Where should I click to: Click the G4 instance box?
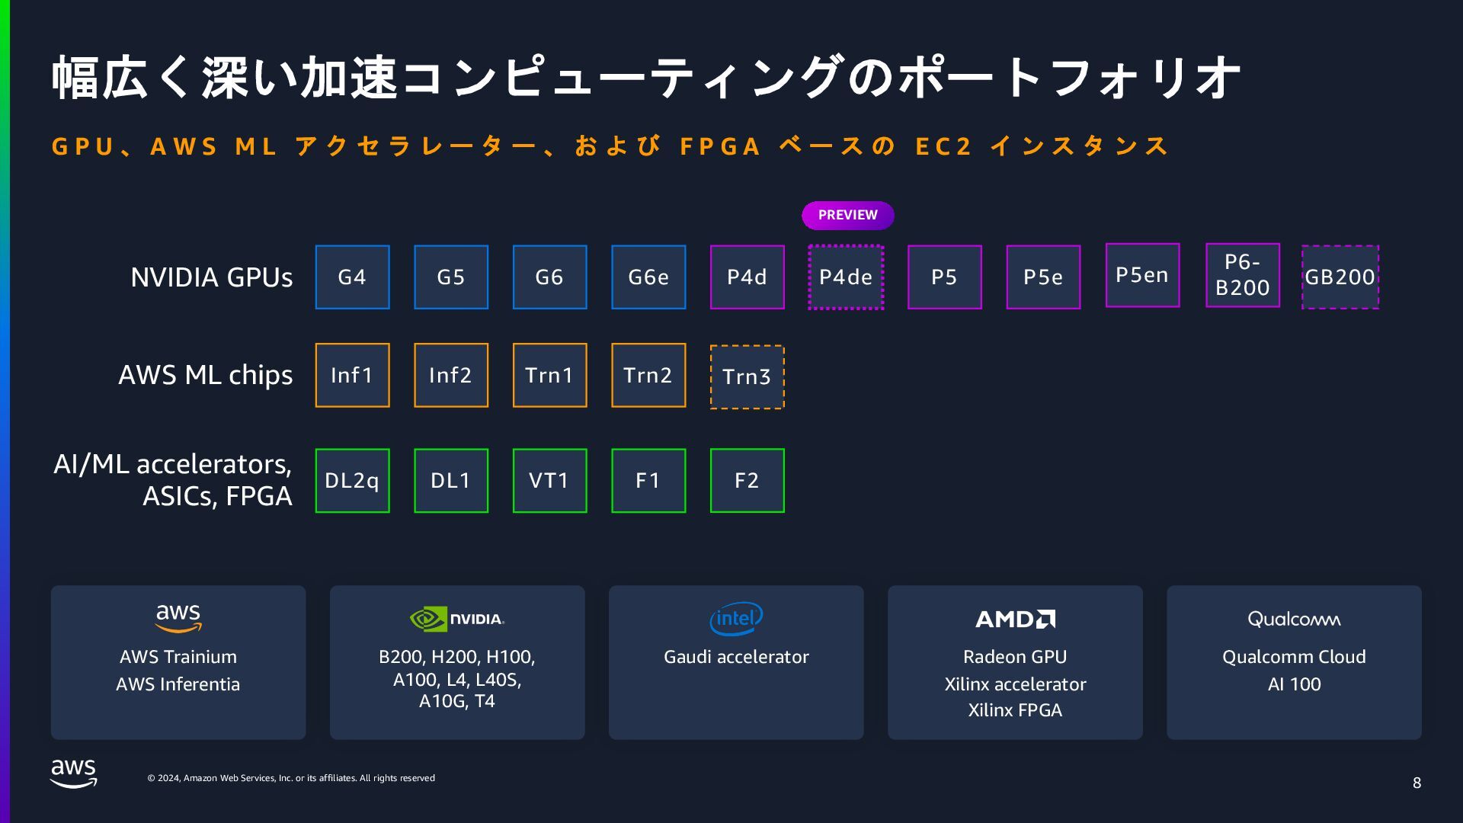pos(352,277)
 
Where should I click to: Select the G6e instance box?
pos(648,277)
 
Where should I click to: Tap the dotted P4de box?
pos(846,277)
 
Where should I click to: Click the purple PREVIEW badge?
pos(847,215)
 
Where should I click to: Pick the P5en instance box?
pos(1142,275)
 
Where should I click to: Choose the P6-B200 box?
pos(1242,275)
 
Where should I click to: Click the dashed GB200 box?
pos(1340,277)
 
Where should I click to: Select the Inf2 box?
pos(451,375)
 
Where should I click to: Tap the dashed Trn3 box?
pos(747,377)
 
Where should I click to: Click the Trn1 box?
pos(549,375)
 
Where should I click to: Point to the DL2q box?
pos(352,481)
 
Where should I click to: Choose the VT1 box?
pos(549,481)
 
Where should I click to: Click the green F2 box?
pos(747,481)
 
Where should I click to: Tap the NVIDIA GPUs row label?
pos(211,277)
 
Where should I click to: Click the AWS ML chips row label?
pos(205,375)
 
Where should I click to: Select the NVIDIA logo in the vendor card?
pos(457,619)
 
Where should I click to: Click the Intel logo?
pos(736,619)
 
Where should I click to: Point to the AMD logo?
pos(1015,619)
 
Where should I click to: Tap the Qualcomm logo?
pos(1294,619)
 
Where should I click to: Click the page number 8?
pos(1417,783)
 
